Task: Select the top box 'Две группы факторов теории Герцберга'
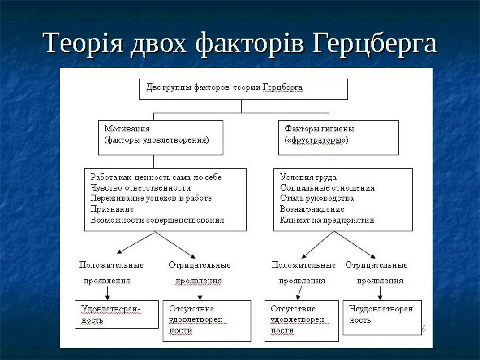[x=243, y=89]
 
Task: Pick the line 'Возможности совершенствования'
[x=157, y=219]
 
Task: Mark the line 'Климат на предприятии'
[x=327, y=219]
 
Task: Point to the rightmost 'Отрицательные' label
[x=376, y=265]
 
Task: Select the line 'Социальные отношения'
[x=327, y=188]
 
